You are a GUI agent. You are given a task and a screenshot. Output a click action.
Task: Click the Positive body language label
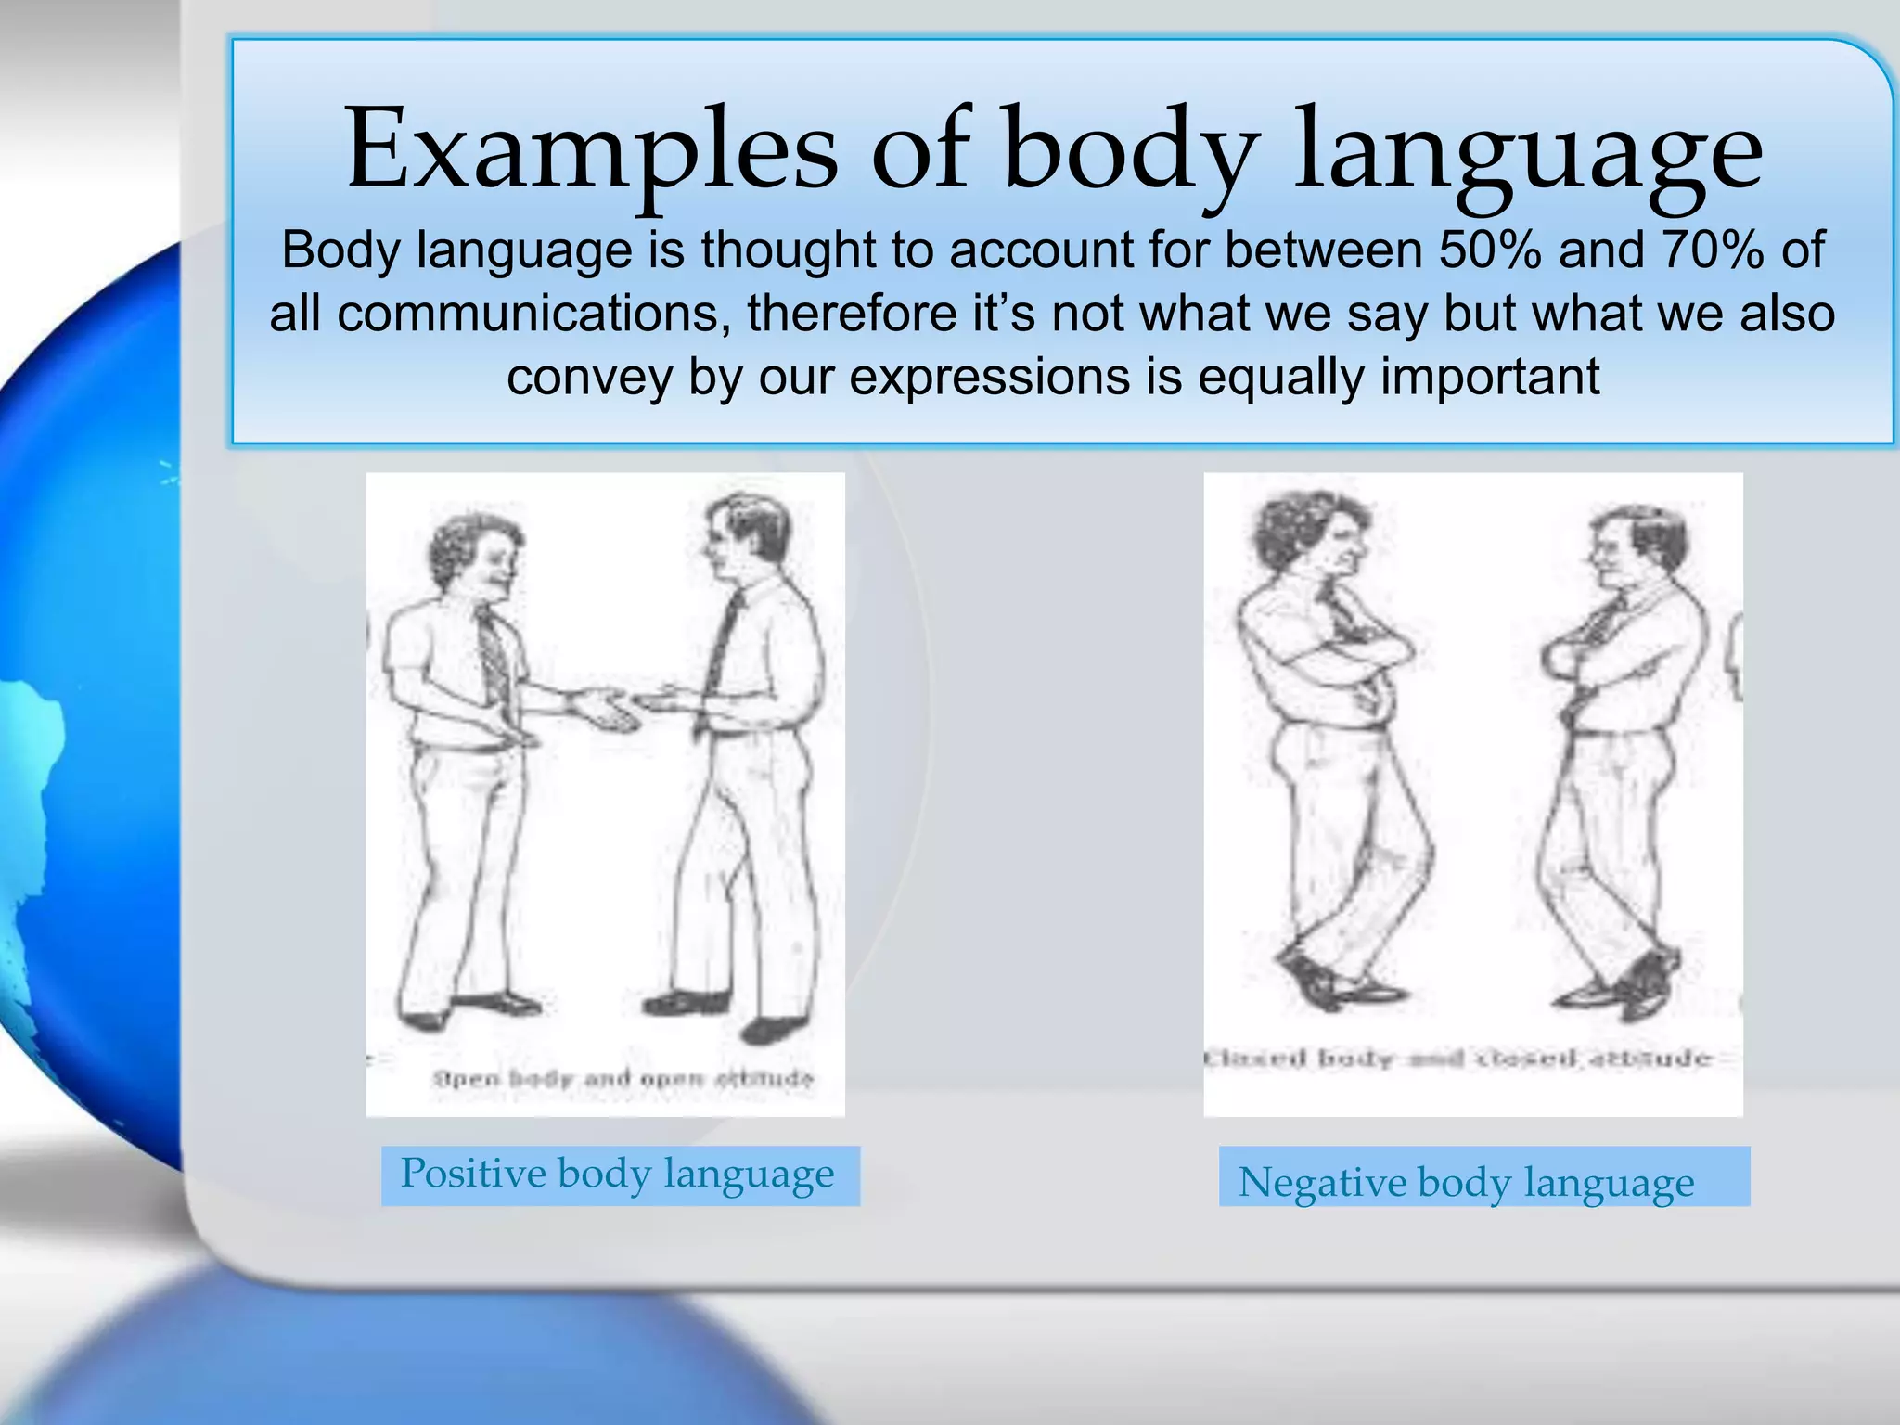[x=619, y=1175]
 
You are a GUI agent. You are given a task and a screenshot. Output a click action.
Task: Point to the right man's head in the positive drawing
[x=742, y=538]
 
